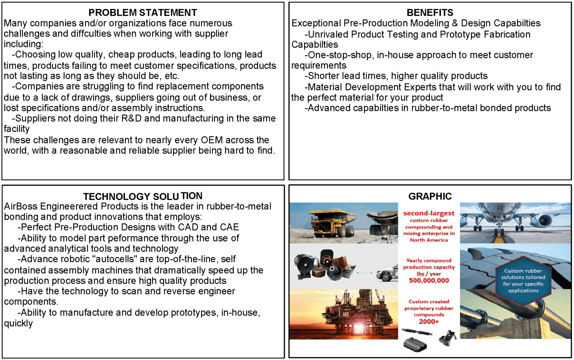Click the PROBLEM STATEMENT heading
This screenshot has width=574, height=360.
(x=143, y=12)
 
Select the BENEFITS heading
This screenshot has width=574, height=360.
(x=430, y=12)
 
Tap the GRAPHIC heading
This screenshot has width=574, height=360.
(x=430, y=196)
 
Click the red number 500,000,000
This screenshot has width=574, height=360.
(x=429, y=280)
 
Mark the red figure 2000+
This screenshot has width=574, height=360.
(x=429, y=321)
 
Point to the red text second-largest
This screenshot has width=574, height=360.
(x=429, y=213)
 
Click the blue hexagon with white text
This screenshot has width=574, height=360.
(x=523, y=280)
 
